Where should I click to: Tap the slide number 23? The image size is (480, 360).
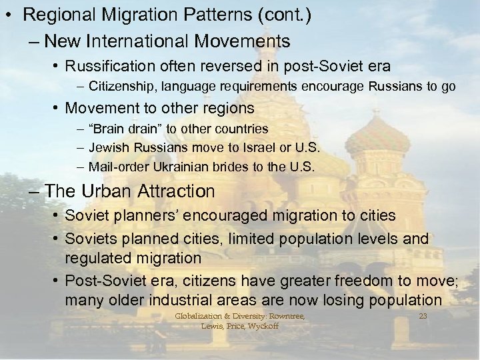422,315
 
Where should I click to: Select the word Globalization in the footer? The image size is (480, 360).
197,316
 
